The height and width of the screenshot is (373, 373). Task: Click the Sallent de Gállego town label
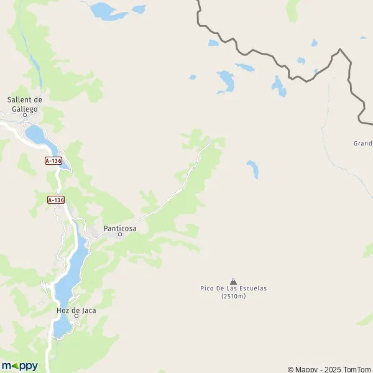[x=24, y=104]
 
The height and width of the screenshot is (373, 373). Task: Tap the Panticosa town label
[x=120, y=228]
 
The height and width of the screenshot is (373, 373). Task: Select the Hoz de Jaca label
[x=76, y=310]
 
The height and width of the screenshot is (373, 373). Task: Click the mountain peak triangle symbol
[x=233, y=281]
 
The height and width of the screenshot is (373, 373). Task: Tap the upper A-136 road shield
[x=54, y=160]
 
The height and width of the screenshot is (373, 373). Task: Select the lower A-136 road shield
[x=56, y=200]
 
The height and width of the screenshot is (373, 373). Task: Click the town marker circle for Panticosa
[x=120, y=234]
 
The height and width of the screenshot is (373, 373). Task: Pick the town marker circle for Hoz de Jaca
[x=76, y=316]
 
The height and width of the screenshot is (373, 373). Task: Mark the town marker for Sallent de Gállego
[x=25, y=115]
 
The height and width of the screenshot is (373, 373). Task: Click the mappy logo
[x=19, y=366]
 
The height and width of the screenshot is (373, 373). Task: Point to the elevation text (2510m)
[x=233, y=296]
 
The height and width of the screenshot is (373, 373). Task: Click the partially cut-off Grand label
[x=362, y=143]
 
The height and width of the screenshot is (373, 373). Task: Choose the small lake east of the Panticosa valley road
[x=252, y=168]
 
